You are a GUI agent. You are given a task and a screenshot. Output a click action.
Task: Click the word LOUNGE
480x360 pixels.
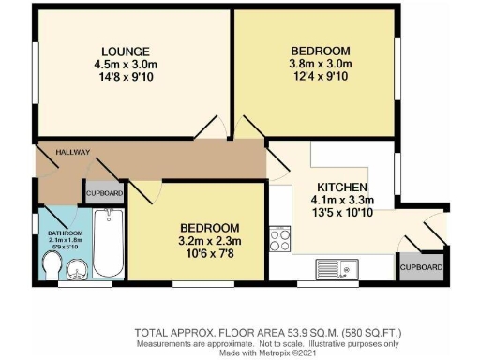coord(127,51)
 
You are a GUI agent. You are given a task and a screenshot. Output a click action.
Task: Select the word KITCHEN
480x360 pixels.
coord(342,186)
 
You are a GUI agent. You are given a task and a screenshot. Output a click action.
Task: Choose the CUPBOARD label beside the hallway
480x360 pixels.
coord(104,193)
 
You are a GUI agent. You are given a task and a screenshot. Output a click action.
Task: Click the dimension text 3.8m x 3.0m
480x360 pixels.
coord(321,64)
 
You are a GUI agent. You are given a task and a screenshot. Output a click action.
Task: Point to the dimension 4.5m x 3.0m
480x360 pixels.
coord(127,64)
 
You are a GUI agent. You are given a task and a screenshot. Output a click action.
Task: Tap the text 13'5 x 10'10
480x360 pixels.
coord(342,212)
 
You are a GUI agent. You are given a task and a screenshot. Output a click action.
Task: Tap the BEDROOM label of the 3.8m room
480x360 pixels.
coord(321,51)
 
